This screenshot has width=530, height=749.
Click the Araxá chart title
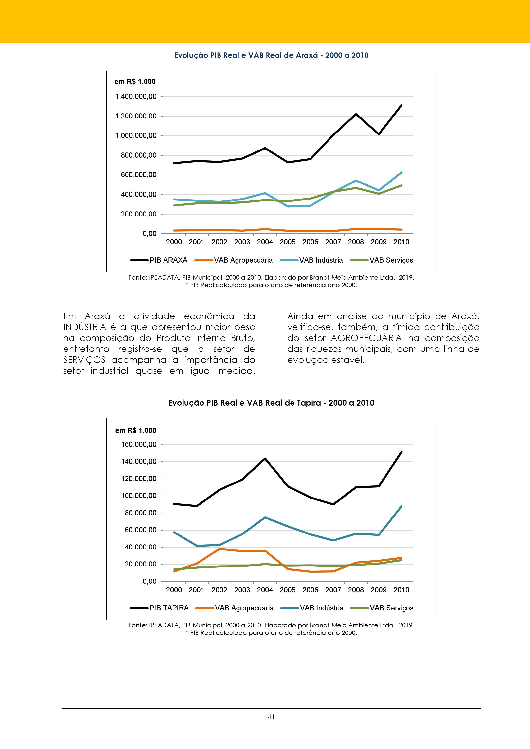tap(271, 55)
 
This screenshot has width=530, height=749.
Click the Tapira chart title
tap(271, 403)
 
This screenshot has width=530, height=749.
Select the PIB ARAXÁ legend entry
tap(159, 260)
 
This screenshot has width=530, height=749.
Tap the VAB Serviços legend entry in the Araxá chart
tap(382, 260)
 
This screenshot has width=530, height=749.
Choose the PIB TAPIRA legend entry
tap(159, 608)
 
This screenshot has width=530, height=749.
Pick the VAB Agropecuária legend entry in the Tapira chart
tap(235, 608)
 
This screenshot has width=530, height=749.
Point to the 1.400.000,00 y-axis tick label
tap(136, 97)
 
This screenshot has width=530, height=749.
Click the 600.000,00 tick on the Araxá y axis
tap(138, 175)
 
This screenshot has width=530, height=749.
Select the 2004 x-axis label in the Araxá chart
tap(265, 242)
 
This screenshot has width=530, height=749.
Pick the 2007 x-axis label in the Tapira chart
tap(333, 590)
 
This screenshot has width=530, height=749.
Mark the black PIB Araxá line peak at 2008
tap(356, 114)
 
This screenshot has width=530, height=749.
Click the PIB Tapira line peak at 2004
tap(265, 458)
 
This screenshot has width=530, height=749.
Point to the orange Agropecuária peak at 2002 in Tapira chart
tap(219, 549)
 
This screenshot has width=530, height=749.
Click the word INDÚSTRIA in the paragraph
tap(85, 327)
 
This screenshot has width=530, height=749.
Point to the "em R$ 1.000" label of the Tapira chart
tap(136, 430)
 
